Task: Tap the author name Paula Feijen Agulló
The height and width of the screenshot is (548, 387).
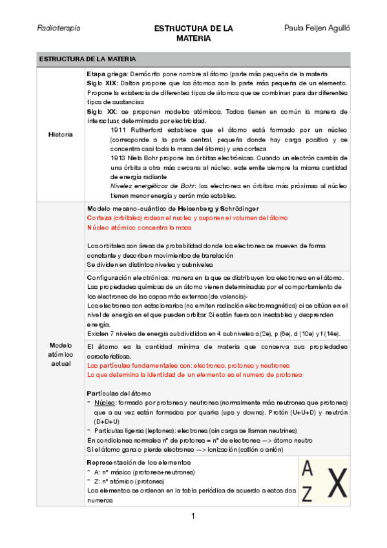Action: tap(317, 29)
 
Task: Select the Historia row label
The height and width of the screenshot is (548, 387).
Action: tap(60, 134)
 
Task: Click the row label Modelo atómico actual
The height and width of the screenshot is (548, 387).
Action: tap(60, 355)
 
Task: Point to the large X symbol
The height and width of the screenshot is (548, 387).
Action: tap(334, 481)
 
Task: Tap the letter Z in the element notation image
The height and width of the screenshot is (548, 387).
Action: tap(308, 493)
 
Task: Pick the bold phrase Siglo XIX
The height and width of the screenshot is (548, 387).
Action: tap(101, 84)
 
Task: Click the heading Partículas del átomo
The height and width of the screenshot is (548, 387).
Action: tap(118, 394)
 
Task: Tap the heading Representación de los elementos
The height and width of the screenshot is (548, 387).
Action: tap(139, 463)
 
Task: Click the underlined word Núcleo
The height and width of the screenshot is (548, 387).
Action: tap(104, 403)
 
